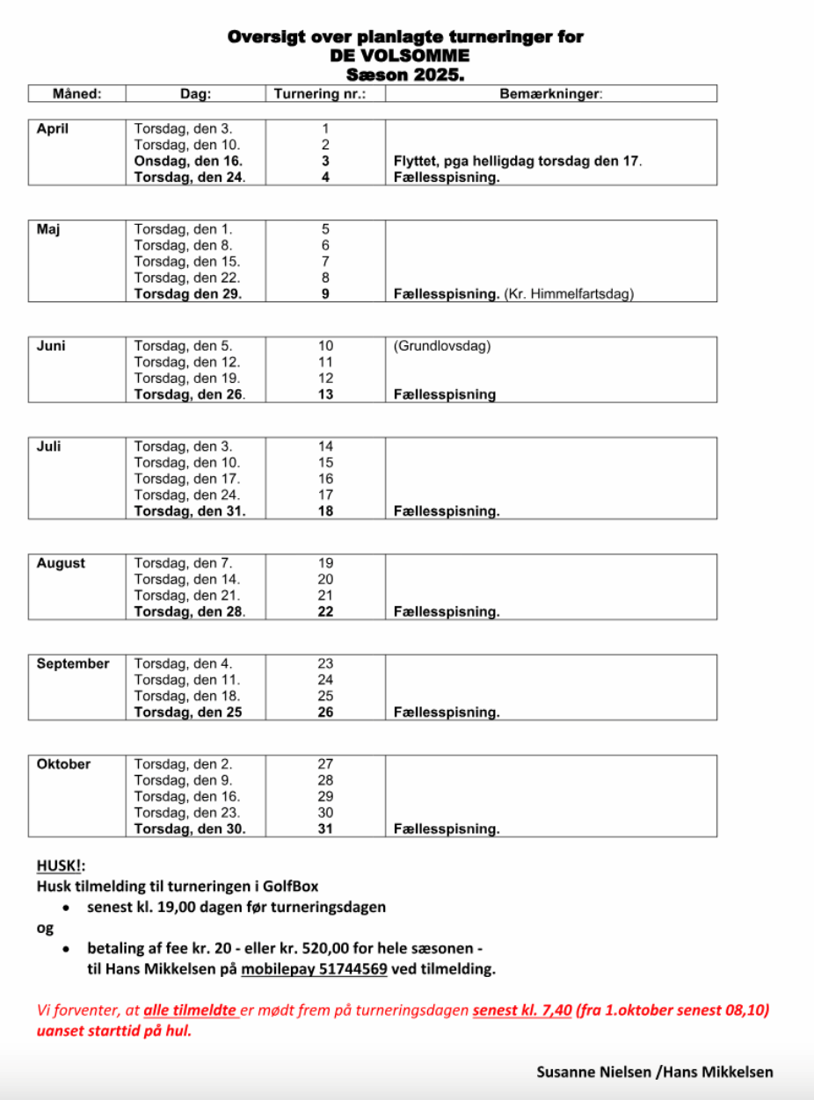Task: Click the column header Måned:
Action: (76, 94)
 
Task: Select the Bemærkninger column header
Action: (551, 94)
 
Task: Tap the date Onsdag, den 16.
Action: (188, 162)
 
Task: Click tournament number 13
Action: (325, 394)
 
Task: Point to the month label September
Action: (73, 664)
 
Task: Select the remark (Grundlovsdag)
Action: (442, 346)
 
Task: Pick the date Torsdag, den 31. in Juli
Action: (189, 511)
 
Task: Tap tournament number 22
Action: (325, 612)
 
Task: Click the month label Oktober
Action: (63, 764)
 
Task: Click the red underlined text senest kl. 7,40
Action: (520, 1010)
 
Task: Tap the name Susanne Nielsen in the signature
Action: (594, 1072)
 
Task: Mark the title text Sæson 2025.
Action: (405, 76)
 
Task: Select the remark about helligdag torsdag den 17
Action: (519, 162)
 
